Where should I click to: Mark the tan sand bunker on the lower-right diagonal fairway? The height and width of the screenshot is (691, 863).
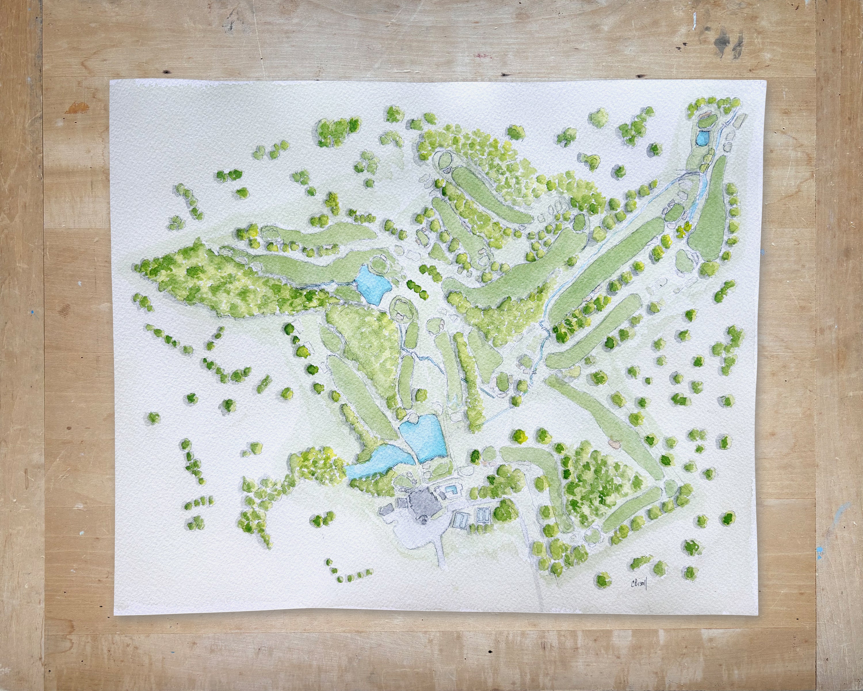coord(613,443)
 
